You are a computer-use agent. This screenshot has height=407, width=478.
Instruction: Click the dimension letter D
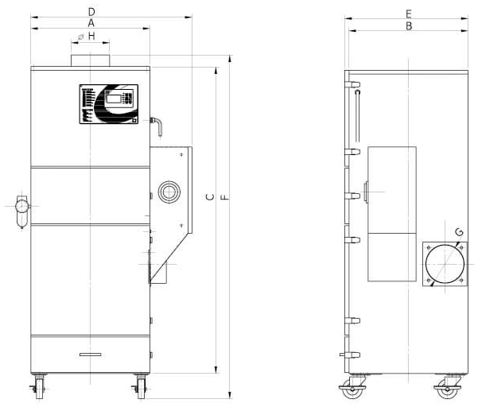(x=91, y=12)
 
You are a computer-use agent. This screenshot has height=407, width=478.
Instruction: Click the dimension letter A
(x=91, y=23)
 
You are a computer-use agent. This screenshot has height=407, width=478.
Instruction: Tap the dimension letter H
(x=91, y=37)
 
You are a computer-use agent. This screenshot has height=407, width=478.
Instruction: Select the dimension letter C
(x=210, y=197)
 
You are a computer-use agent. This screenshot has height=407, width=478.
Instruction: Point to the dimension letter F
(x=224, y=197)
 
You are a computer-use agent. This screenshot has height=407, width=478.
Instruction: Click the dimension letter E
(x=409, y=14)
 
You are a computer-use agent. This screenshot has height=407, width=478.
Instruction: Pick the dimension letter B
(x=409, y=26)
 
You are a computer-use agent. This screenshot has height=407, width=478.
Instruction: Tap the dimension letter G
(x=459, y=232)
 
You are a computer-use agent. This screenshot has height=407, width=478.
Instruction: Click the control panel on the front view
(x=108, y=104)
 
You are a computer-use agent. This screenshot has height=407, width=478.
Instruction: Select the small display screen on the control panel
(x=114, y=99)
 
